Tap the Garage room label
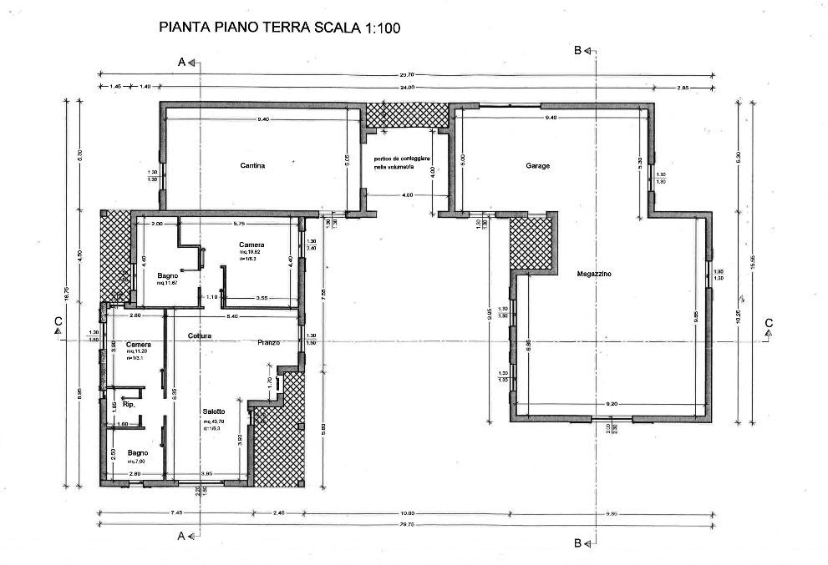pos(537,166)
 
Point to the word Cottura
pos(200,336)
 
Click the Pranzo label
pos(267,342)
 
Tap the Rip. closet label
pos(129,404)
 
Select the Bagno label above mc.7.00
pos(138,452)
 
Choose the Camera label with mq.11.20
pos(138,344)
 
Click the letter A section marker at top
pos(181,62)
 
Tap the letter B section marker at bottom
pos(577,542)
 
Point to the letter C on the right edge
pos(768,324)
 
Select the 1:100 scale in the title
pos(382,28)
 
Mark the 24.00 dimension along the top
pos(407,87)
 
